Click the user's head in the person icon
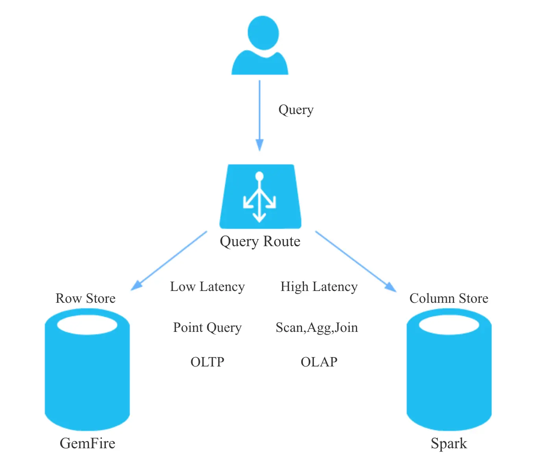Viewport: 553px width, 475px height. [263, 33]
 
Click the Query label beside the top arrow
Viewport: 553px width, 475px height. [296, 110]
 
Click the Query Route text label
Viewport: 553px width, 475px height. [260, 241]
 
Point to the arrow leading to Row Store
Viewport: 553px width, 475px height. [170, 260]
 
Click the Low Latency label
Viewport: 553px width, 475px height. [207, 287]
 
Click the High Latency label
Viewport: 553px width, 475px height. [319, 287]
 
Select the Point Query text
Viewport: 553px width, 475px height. [207, 328]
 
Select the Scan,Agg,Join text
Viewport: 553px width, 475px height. [317, 328]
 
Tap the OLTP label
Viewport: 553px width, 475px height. [207, 362]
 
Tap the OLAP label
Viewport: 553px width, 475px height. [319, 362]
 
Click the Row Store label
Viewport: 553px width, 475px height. [85, 298]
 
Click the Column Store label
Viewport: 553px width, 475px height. [449, 298]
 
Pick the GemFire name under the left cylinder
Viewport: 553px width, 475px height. [87, 444]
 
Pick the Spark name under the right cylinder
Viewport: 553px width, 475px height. [449, 444]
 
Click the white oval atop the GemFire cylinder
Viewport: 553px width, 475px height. [87, 325]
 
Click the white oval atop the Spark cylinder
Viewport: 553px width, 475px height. [449, 325]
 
